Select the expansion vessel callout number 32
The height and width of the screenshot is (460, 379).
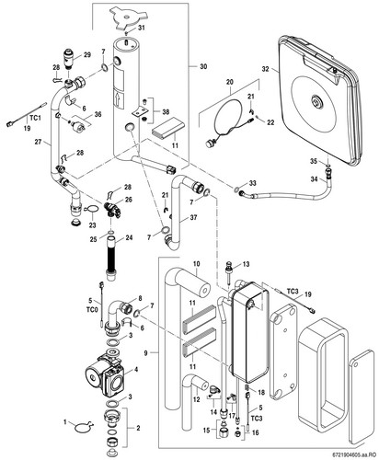[265, 69]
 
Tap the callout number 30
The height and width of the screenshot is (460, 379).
[203, 66]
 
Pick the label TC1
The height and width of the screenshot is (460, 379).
[35, 118]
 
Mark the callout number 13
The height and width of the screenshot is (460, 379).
[246, 264]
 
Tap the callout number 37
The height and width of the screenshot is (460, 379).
[193, 218]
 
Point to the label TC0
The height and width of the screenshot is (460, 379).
[92, 310]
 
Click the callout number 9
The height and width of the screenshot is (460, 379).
[145, 353]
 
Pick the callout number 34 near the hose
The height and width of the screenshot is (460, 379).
[315, 178]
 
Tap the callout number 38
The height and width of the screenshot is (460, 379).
[166, 112]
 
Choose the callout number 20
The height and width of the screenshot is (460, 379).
[230, 82]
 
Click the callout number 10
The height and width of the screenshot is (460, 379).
[197, 264]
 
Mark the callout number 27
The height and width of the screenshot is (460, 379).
[38, 142]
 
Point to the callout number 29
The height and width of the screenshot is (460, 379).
[87, 55]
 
